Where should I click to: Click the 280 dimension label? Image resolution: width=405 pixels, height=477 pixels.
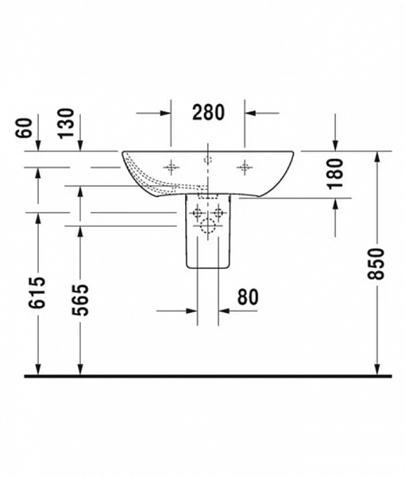click(x=208, y=113)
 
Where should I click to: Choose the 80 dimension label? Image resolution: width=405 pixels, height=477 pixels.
click(x=247, y=297)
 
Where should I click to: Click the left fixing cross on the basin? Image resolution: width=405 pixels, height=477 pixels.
click(x=170, y=166)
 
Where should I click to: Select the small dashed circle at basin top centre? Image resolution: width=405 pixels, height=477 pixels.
click(x=208, y=160)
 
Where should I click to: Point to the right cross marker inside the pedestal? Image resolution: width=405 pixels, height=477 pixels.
click(x=218, y=212)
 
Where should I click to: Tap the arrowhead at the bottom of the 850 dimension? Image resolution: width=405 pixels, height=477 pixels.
click(x=376, y=367)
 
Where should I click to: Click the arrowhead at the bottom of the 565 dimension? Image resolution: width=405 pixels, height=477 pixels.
click(x=79, y=367)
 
